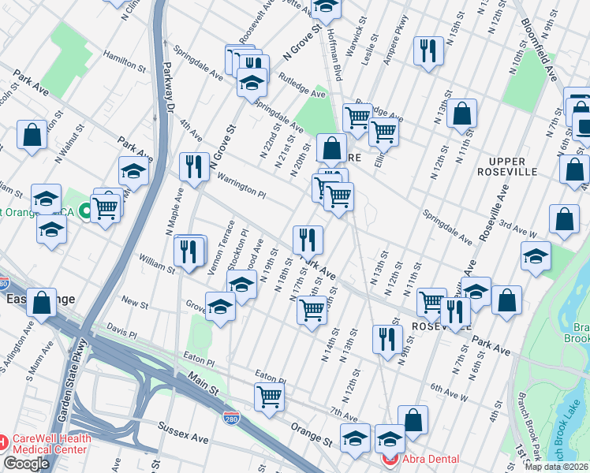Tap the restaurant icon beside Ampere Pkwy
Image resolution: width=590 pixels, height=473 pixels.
[428, 52]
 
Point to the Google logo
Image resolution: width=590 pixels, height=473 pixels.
[26, 464]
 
